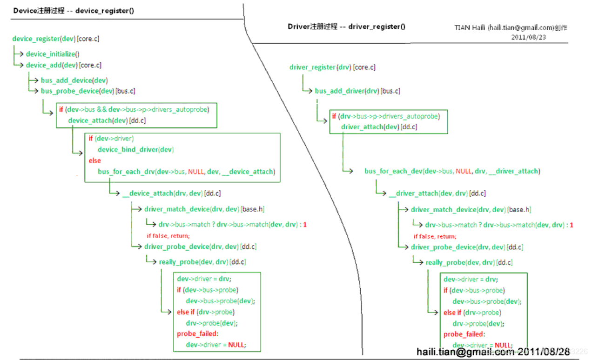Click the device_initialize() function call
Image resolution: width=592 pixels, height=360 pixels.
(x=53, y=54)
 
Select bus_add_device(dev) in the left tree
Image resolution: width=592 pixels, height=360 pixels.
(x=74, y=80)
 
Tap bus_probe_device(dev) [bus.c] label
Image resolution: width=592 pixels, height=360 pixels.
(x=88, y=91)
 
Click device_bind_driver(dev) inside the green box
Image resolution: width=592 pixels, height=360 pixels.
(x=135, y=149)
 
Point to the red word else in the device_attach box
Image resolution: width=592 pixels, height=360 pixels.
(x=94, y=160)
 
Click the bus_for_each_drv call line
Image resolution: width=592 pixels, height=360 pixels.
(x=186, y=172)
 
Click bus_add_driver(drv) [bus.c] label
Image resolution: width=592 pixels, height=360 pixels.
(x=357, y=91)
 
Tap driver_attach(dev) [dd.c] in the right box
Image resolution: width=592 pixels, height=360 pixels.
(x=379, y=127)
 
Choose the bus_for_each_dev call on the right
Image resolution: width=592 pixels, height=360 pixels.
(x=452, y=171)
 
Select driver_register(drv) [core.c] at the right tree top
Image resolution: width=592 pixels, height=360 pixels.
(x=332, y=67)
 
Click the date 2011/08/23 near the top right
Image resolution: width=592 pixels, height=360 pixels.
(x=528, y=37)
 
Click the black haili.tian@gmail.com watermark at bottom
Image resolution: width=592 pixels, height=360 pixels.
(x=493, y=352)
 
